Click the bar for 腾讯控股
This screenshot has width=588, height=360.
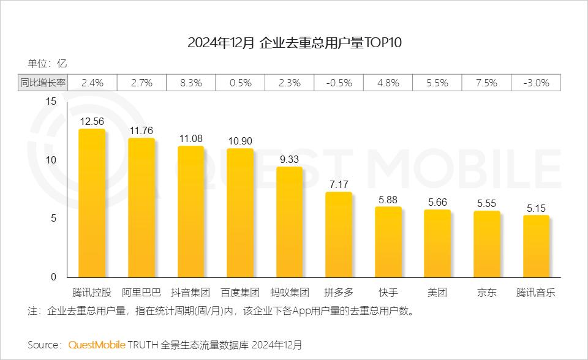[91, 203]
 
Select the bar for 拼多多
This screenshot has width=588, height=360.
[338, 235]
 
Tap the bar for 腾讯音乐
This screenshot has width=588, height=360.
[536, 247]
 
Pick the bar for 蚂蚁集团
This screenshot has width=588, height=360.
[289, 222]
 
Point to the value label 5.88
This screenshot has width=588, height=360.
[388, 199]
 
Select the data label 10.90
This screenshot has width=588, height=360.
[240, 141]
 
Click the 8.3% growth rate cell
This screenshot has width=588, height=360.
[190, 83]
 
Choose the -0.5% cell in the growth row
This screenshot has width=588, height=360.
[338, 83]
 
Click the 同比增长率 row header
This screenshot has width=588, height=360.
[42, 83]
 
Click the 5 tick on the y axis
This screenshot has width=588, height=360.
[53, 219]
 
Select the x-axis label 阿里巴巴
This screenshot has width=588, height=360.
[141, 292]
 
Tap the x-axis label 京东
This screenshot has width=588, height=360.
[487, 292]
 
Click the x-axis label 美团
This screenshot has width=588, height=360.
[437, 292]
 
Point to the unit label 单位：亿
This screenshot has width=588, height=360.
[47, 63]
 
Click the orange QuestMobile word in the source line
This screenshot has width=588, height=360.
[96, 344]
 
